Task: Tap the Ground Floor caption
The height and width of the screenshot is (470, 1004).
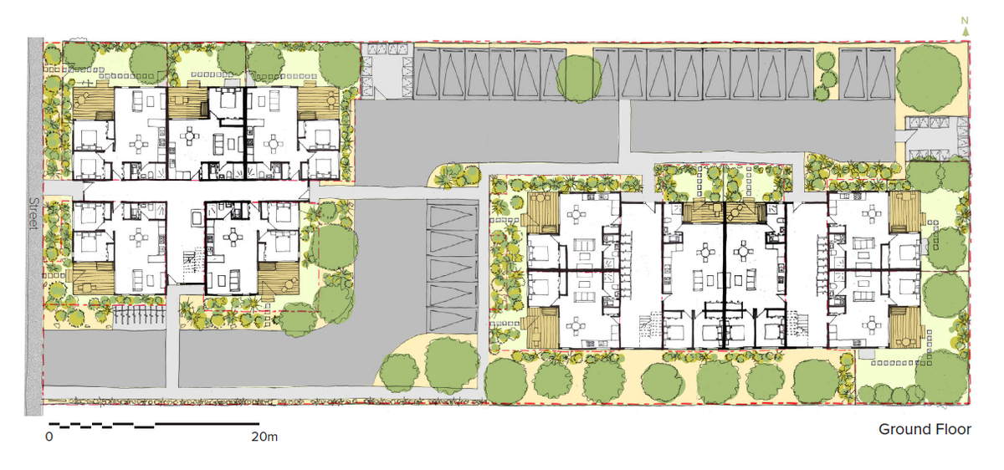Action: tap(924, 429)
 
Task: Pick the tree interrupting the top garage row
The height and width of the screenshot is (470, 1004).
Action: tap(577, 77)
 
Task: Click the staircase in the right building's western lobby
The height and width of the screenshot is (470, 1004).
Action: tap(650, 324)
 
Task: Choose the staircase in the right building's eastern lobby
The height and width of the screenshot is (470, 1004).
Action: tap(797, 324)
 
